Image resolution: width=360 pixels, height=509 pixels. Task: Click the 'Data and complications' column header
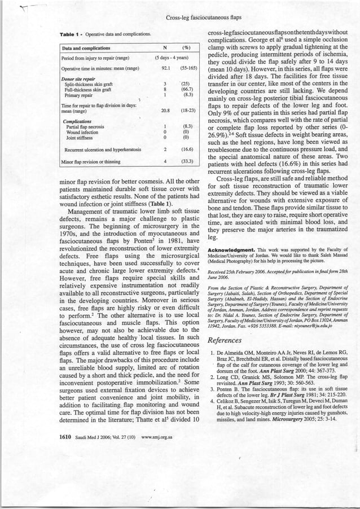tap(86, 48)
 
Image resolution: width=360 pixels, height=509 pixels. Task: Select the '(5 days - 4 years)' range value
tap(176, 58)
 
